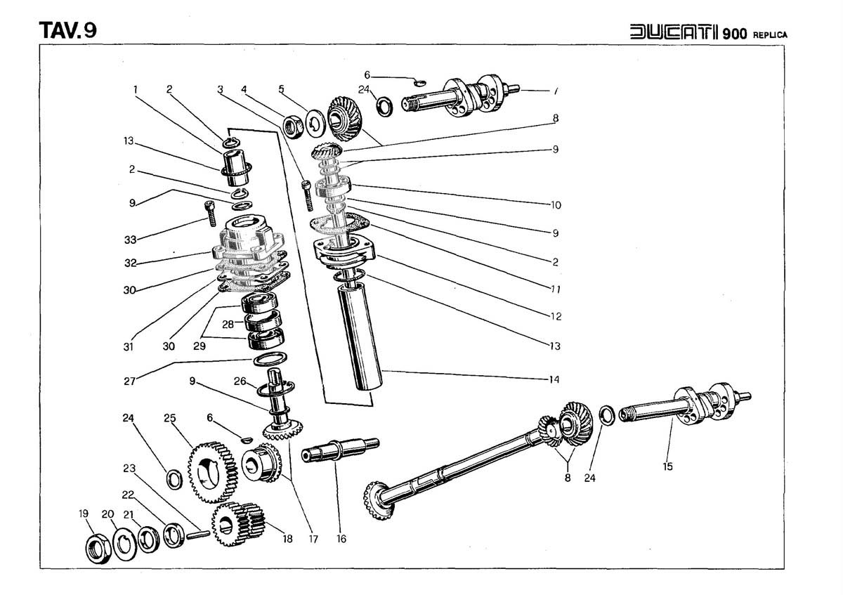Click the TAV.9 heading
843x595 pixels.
(x=68, y=30)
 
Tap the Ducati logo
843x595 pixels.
(x=674, y=33)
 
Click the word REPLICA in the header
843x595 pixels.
(x=771, y=34)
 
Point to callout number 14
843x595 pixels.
(x=554, y=380)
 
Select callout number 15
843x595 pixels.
(x=667, y=466)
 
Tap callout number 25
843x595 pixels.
(x=169, y=419)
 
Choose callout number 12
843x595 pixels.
(x=556, y=317)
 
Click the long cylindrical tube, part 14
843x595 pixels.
(x=361, y=337)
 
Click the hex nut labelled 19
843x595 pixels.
(x=96, y=549)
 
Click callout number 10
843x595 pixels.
(x=555, y=205)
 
